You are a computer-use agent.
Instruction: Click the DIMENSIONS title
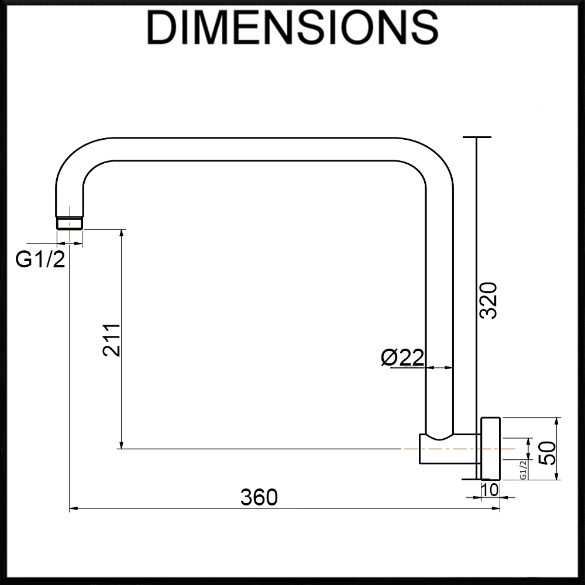(292, 28)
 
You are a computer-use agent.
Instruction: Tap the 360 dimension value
(259, 497)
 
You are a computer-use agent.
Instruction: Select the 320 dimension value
(488, 300)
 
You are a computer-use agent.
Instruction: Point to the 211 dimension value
(112, 340)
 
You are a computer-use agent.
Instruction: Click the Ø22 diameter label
(402, 357)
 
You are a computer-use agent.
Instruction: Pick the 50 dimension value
(548, 453)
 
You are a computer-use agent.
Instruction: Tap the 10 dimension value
(490, 490)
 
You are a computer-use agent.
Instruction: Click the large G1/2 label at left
(40, 259)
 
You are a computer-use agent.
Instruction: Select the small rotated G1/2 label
(522, 470)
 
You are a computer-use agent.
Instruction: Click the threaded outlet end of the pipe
(70, 222)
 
